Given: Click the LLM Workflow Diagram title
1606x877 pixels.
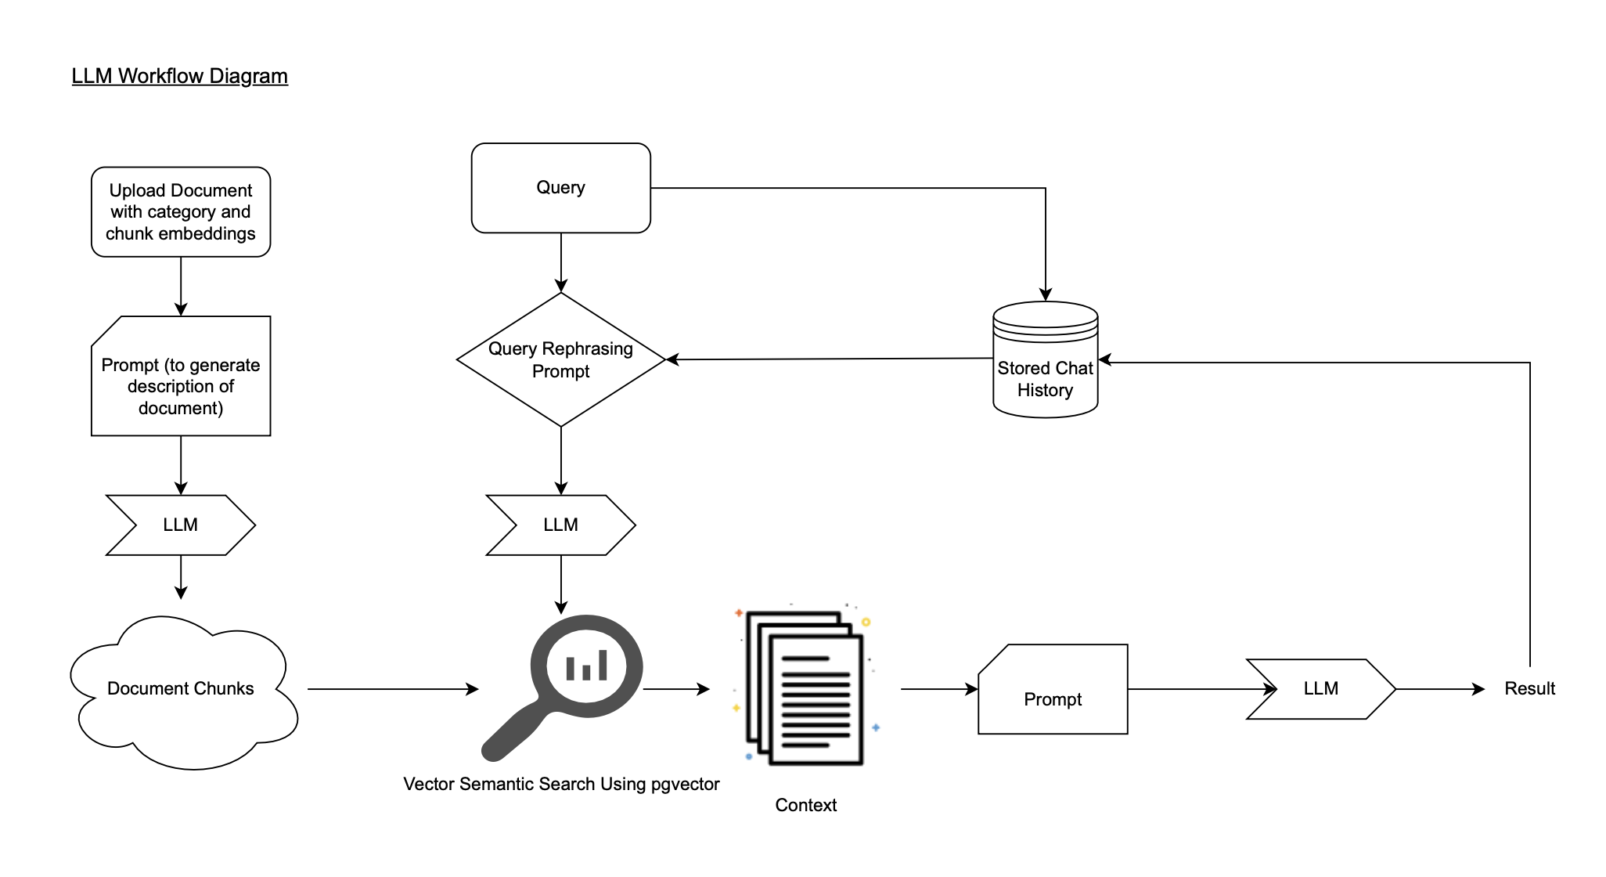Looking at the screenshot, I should click(x=179, y=76).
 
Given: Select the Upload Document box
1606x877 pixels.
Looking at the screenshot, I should click(x=181, y=211).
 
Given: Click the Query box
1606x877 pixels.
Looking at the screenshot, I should click(x=560, y=188).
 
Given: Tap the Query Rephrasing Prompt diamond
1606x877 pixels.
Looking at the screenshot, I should click(x=560, y=360).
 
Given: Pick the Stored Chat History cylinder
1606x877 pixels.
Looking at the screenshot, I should click(x=1045, y=368).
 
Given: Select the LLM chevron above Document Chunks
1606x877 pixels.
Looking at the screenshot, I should click(x=181, y=525).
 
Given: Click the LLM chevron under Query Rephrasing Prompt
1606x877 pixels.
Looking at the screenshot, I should click(x=560, y=525).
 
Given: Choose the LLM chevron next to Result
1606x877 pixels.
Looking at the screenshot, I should click(x=1320, y=689).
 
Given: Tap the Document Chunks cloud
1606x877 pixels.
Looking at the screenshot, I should click(x=181, y=689).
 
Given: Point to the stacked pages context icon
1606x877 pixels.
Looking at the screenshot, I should click(x=806, y=688).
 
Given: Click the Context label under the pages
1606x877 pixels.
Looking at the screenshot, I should click(x=805, y=805).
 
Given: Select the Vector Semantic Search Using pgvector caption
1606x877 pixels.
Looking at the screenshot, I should click(x=560, y=784).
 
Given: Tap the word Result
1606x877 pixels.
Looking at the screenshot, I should click(x=1529, y=689).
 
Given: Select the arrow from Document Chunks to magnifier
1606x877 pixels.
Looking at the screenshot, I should click(x=391, y=689).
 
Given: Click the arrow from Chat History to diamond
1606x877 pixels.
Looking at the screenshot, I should click(x=830, y=359).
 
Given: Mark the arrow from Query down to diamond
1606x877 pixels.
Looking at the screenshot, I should click(x=561, y=262).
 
